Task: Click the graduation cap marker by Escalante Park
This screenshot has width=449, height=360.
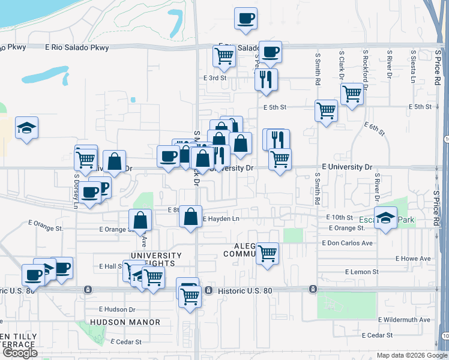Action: [386, 217]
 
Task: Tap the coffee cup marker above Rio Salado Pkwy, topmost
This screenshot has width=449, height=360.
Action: [246, 19]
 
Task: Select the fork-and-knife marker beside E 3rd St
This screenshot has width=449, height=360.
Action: [265, 79]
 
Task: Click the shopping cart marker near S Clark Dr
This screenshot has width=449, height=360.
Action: [352, 94]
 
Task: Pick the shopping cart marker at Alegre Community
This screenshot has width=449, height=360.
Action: [267, 253]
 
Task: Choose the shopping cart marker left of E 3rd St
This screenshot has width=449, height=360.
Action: [224, 56]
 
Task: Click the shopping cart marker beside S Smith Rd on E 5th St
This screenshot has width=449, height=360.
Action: [326, 110]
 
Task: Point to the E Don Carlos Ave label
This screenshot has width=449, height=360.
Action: [347, 243]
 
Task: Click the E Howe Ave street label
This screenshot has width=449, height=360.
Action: [413, 259]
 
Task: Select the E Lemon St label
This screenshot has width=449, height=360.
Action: [361, 272]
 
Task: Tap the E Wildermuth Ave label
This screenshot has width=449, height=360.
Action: [405, 320]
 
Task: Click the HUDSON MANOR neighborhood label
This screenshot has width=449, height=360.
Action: [125, 322]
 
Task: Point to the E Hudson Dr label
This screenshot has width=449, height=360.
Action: [117, 310]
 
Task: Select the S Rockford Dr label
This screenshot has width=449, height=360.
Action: [365, 67]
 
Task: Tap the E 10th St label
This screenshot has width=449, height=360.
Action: [339, 217]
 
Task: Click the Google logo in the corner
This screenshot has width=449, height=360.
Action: [20, 353]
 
